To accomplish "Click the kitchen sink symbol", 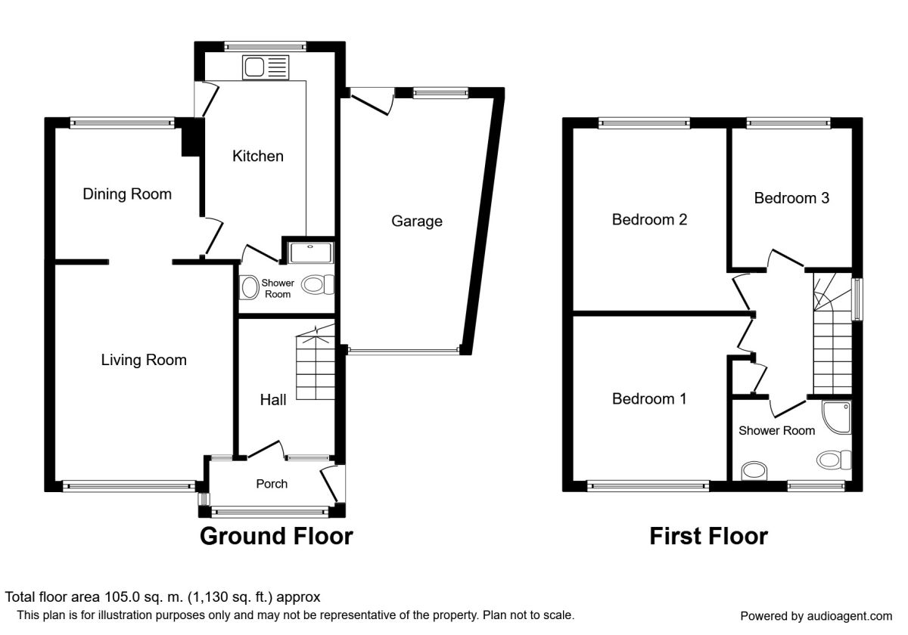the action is point(266,68).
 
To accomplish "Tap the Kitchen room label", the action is point(257,156).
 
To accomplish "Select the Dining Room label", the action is point(127,194).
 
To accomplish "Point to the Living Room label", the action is point(144,361).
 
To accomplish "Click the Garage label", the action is point(416,221).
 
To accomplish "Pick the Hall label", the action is point(273,401).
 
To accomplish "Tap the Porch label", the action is point(272,484).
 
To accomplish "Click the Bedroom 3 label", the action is point(791,198).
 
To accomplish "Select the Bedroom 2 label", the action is point(649,220).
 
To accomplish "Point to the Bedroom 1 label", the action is point(649,398).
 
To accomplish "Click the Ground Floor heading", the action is point(276,537).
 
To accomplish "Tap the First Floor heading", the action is point(708,537).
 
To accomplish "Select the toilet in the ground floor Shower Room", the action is point(318,285).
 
